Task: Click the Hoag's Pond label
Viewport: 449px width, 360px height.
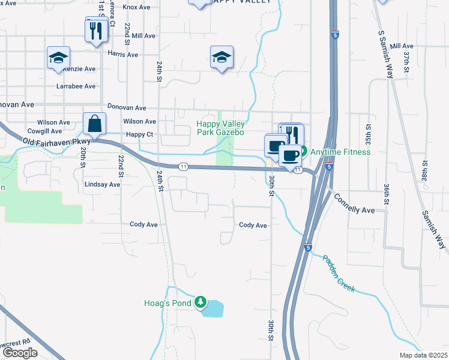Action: click(167, 303)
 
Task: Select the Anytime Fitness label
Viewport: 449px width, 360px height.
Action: click(340, 152)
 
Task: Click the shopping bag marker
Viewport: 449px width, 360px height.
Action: click(95, 124)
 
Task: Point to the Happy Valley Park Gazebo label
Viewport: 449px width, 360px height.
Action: click(220, 128)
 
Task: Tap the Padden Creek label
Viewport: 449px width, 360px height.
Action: click(339, 274)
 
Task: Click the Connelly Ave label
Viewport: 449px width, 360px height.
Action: click(354, 204)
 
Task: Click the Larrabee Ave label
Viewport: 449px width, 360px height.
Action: click(76, 86)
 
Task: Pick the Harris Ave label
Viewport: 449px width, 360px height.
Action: click(123, 54)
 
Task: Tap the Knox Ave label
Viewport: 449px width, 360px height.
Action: click(136, 7)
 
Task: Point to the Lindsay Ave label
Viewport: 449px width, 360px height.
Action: click(103, 184)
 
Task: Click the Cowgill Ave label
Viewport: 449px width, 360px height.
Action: click(45, 131)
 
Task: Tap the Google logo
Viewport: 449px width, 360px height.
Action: click(20, 353)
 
